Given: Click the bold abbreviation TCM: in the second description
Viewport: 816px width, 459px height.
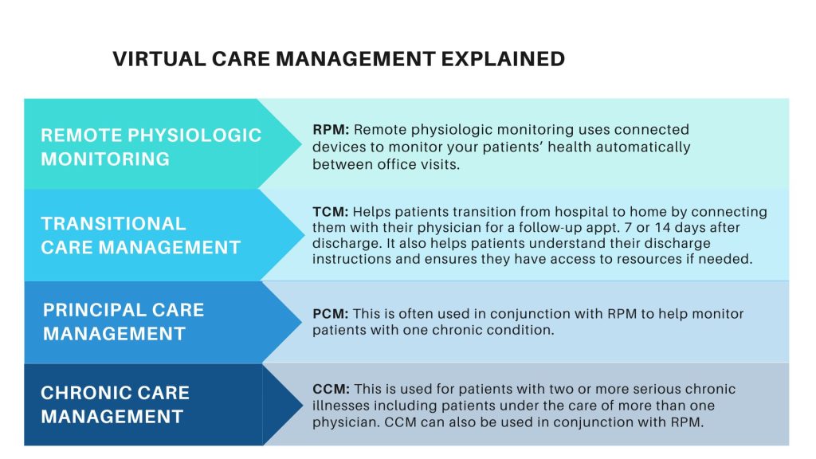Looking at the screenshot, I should tap(330, 212).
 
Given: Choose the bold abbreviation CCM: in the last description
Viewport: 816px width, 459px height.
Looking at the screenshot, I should tap(330, 390).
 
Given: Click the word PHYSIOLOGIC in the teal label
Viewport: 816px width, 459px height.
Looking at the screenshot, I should tap(203, 135).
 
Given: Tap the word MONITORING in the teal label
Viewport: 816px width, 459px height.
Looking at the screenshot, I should tap(105, 159).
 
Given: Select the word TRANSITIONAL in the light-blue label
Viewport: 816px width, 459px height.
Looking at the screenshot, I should tap(113, 223).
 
